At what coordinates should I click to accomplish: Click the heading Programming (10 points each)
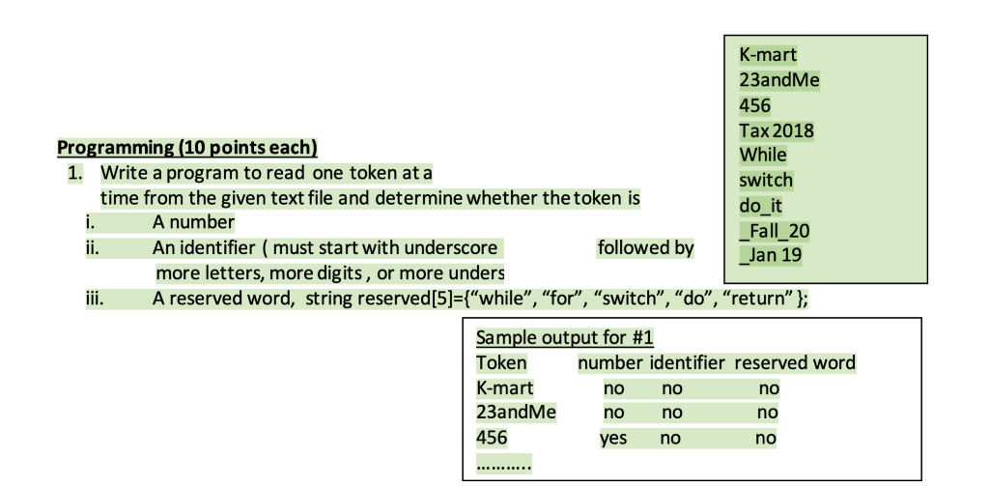187,148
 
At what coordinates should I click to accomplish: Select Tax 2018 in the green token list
776,130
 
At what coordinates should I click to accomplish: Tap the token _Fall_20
774,230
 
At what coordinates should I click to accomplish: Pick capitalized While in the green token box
763,155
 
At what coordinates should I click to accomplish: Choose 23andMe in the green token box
778,80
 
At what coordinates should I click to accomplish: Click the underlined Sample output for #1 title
565,338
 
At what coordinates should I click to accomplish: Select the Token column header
501,363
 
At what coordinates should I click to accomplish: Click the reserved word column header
795,363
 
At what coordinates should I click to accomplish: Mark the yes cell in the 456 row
612,439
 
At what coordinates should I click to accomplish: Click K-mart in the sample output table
504,388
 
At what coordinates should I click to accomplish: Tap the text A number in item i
193,223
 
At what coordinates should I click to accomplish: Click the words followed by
645,248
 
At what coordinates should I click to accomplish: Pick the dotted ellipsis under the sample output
504,462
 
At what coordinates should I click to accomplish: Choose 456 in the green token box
754,105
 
